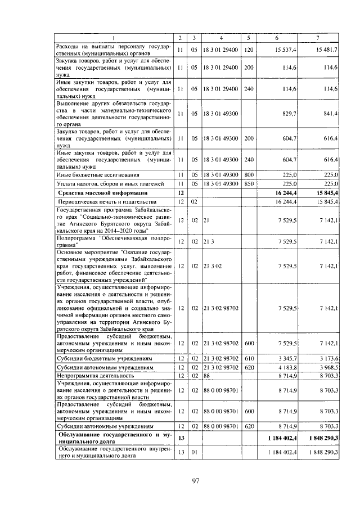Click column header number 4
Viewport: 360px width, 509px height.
tap(221, 38)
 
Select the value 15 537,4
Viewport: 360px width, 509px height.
tap(286, 50)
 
